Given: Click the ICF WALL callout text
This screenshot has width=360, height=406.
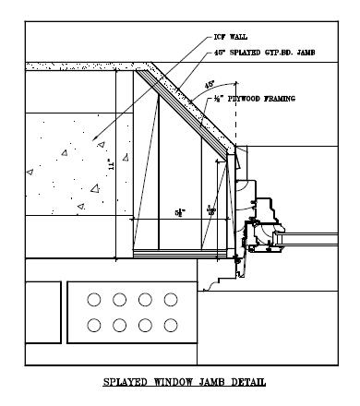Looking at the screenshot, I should tap(229, 37).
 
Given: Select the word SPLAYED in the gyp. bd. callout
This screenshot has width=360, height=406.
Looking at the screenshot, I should tap(246, 53).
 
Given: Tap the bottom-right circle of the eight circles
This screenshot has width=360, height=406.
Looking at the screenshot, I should tap(170, 325).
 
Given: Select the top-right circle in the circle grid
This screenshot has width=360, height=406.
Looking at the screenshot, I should tap(170, 300).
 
